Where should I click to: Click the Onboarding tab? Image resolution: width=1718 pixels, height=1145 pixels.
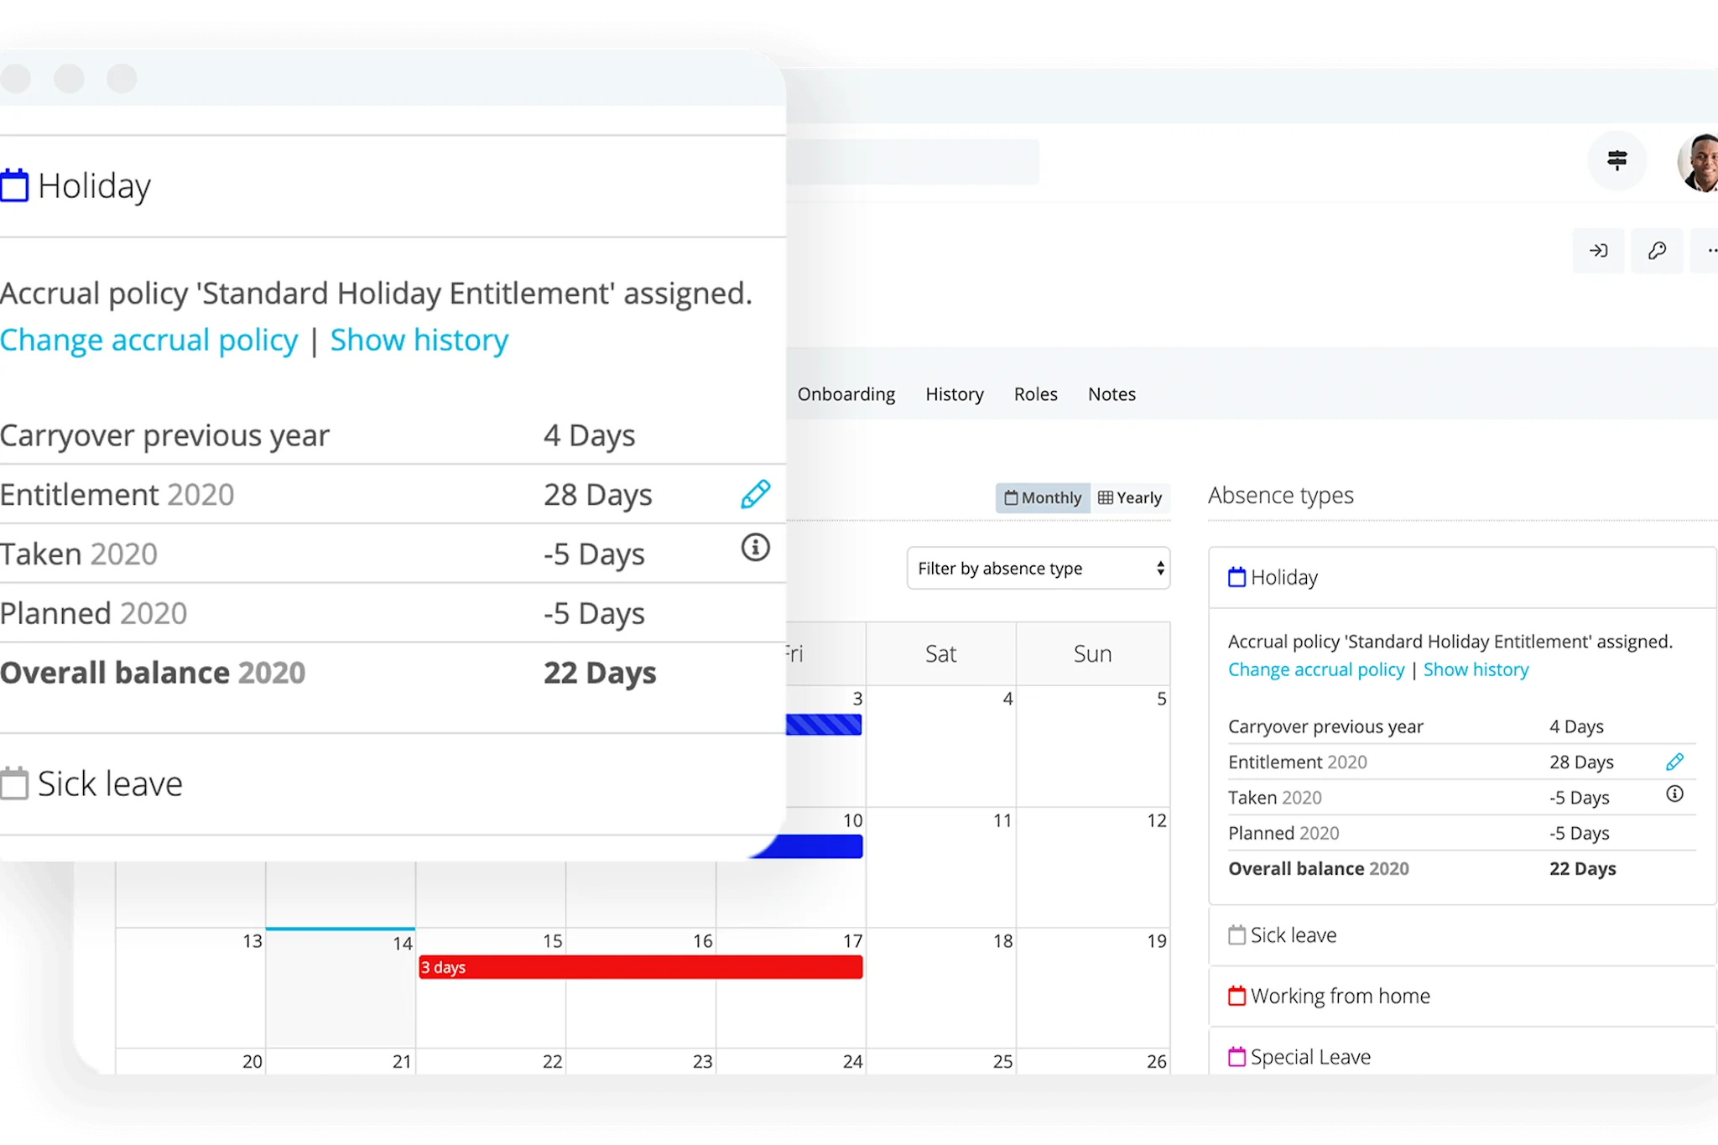coord(846,394)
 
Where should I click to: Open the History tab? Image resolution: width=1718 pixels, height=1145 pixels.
coord(954,394)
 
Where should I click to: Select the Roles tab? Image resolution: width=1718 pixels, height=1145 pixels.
coord(1035,394)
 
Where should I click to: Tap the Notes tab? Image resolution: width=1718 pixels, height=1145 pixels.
coord(1111,394)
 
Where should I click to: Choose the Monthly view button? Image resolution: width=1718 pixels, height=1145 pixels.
coord(1043,498)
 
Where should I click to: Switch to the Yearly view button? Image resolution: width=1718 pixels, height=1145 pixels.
coord(1130,498)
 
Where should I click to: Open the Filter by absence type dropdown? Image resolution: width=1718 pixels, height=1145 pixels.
coord(1038,569)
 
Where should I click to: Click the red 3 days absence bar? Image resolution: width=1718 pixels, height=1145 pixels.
coord(640,967)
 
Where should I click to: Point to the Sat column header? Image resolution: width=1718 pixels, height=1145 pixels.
coord(940,654)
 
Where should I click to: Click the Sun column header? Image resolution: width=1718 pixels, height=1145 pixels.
coord(1092,654)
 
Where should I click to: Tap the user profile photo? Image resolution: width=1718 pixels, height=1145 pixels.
coord(1700,163)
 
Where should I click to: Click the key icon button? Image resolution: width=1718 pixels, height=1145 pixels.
coord(1657,251)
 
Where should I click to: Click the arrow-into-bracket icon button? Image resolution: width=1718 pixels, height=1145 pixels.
coord(1598,251)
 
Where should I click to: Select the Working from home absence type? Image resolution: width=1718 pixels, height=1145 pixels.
coord(1340,997)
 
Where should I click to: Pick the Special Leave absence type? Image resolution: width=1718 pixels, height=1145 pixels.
coord(1309,1057)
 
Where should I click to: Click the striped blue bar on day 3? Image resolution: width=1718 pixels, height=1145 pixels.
coord(824,725)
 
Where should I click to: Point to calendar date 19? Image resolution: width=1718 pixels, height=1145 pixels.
coord(1156,941)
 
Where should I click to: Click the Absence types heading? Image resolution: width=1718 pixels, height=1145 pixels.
coord(1280,496)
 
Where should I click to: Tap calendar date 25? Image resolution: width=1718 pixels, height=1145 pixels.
coord(1002,1062)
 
